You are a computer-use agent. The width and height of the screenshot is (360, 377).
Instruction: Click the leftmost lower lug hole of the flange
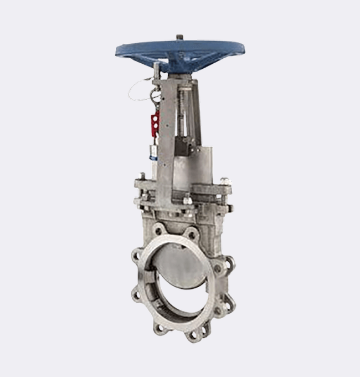tap(136, 294)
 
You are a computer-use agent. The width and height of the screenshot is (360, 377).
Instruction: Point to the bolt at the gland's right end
tap(224, 181)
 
